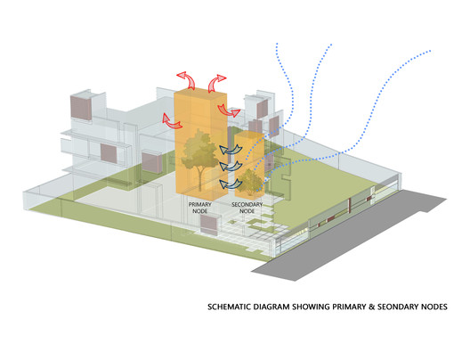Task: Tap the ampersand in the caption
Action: [371, 307]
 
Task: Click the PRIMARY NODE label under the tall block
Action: [200, 208]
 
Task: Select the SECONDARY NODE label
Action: [247, 208]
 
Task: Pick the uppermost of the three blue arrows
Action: [231, 149]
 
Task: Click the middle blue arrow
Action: [231, 166]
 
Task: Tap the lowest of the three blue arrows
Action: [231, 184]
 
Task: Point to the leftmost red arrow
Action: [172, 121]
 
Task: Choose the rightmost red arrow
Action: [230, 110]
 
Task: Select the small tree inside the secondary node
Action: [248, 182]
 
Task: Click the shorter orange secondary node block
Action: [249, 163]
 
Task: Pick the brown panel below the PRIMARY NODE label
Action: [209, 225]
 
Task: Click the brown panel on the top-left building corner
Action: [81, 107]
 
